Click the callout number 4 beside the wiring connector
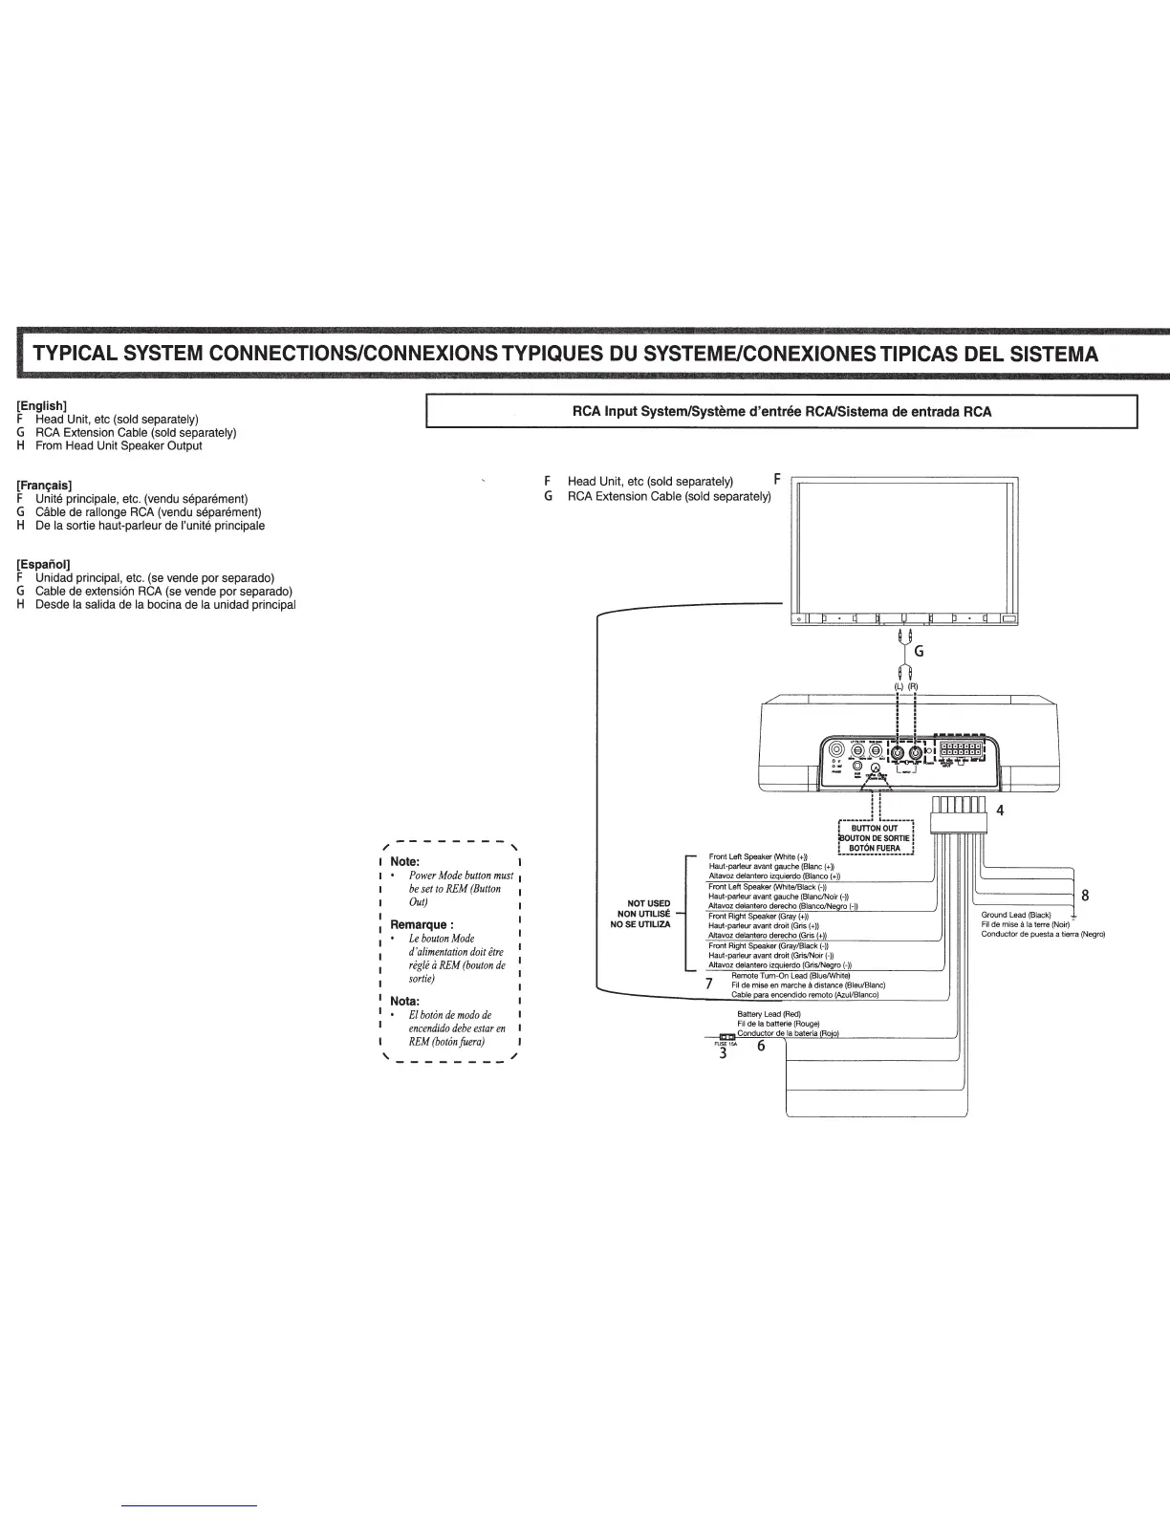coord(1000,811)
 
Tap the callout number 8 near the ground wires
coord(1084,896)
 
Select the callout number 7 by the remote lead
coord(708,983)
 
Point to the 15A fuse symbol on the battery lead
coord(726,1037)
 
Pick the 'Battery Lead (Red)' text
coord(769,1013)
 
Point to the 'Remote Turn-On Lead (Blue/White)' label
coord(790,975)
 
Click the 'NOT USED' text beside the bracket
coord(648,903)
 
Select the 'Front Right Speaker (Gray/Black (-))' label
coord(769,945)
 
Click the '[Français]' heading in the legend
coord(45,486)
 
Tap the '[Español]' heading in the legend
coord(43,565)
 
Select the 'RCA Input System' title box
coord(780,411)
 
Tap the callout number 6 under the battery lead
coord(761,1046)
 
